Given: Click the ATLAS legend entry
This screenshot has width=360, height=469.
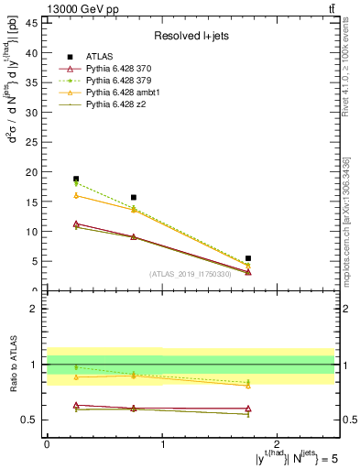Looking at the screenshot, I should (100, 56).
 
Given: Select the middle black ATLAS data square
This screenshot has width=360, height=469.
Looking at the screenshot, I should (134, 197).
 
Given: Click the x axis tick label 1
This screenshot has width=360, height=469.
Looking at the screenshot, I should (162, 444).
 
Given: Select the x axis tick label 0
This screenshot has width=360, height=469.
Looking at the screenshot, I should (47, 444).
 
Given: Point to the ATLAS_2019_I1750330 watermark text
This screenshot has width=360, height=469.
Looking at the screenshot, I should (191, 274).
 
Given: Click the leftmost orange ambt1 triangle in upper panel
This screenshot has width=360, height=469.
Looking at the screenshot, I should (76, 195).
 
